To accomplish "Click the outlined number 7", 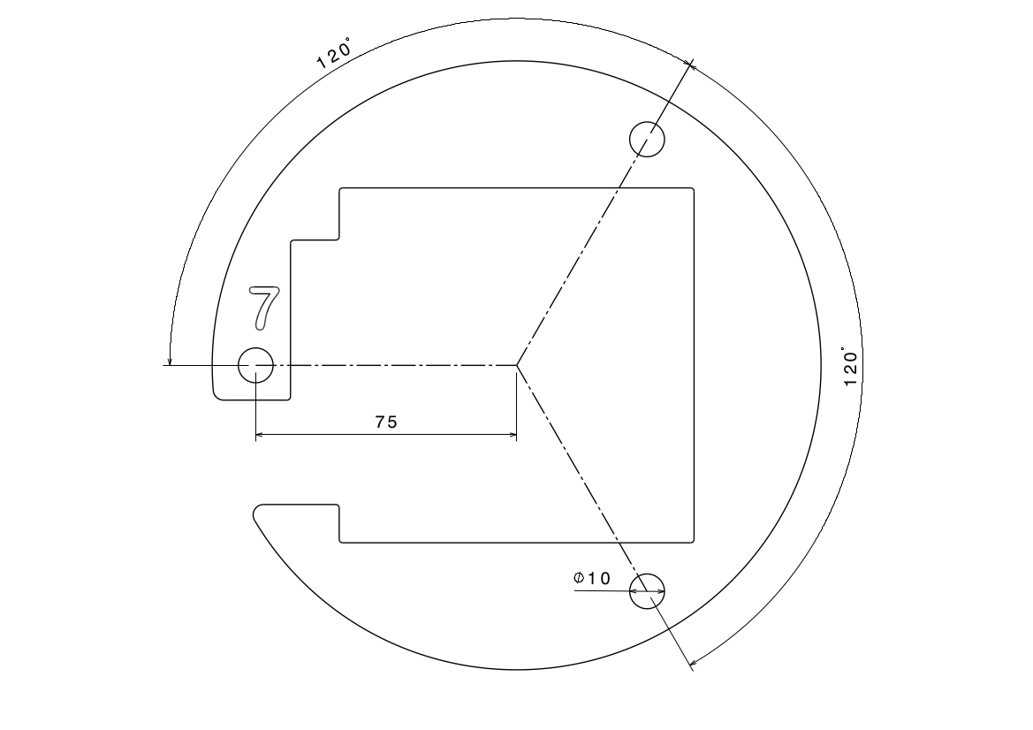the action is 264,308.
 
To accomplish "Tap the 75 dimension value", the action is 387,422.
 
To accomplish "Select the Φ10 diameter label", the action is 591,579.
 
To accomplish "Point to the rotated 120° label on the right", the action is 850,367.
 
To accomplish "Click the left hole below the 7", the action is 255,365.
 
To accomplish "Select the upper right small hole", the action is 647,139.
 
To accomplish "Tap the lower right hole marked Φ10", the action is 647,591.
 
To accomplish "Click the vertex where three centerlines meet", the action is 516,365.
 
